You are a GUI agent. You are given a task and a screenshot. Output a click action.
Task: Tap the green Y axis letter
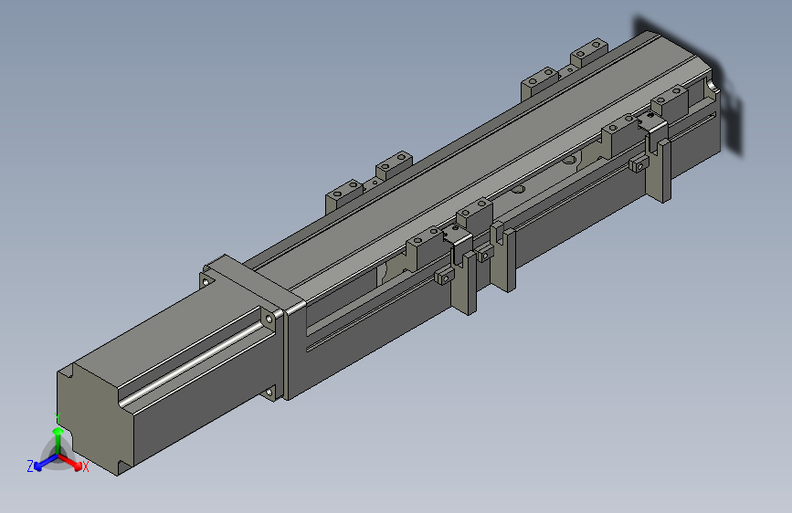(58, 418)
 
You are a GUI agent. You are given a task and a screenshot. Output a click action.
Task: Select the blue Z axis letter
(30, 466)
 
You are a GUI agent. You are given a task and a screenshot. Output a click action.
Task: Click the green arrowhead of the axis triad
(58, 432)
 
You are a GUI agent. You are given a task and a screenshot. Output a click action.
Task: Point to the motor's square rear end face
(94, 419)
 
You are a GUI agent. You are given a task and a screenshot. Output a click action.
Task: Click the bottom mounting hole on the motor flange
(269, 392)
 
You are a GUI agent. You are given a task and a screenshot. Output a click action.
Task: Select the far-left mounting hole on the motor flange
(206, 281)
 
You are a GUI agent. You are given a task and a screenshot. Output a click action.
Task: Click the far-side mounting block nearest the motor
(344, 194)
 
